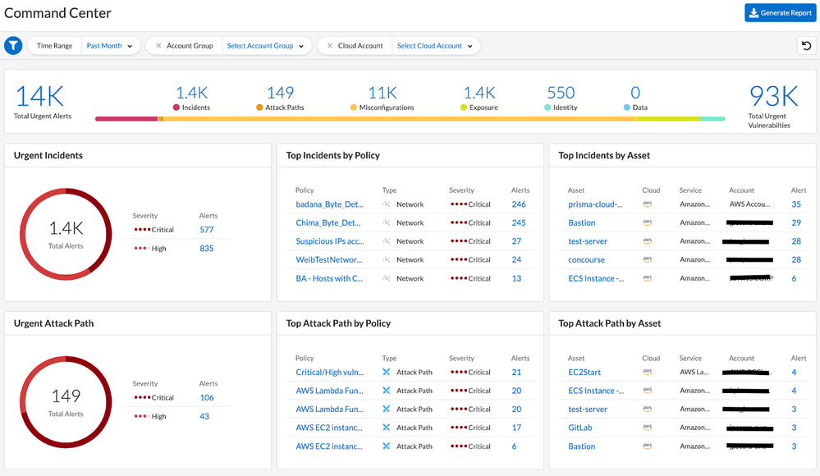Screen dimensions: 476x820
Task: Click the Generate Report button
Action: [x=780, y=13]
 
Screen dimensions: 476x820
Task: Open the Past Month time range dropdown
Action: [x=110, y=46]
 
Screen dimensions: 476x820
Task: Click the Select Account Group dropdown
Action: [x=265, y=46]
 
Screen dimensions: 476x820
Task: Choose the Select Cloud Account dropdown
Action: [x=435, y=46]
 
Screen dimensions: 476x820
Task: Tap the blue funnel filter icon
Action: [x=13, y=46]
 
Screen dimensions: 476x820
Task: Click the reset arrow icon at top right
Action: [x=807, y=46]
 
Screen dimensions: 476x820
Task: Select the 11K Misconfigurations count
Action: [x=383, y=94]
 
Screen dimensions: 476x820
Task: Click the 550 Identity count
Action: [x=561, y=94]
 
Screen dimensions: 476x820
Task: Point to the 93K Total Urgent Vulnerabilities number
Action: [x=773, y=97]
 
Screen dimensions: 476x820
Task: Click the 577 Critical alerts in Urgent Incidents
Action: [x=207, y=230]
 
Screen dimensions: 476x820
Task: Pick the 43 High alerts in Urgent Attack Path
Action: [x=204, y=416]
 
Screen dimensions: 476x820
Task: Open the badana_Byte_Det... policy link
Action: [x=328, y=204]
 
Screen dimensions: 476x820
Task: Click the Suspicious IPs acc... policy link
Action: [x=328, y=241]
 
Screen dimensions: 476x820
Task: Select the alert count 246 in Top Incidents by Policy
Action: [x=518, y=204]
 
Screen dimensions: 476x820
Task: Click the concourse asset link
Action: [x=587, y=260]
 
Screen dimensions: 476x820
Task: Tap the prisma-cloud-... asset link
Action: [x=596, y=204]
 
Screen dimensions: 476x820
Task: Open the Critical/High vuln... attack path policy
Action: [x=328, y=372]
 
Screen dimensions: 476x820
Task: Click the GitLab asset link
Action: [x=580, y=428]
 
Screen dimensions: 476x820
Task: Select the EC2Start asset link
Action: [x=584, y=372]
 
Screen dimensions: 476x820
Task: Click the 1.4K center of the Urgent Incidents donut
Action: [x=66, y=229]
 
